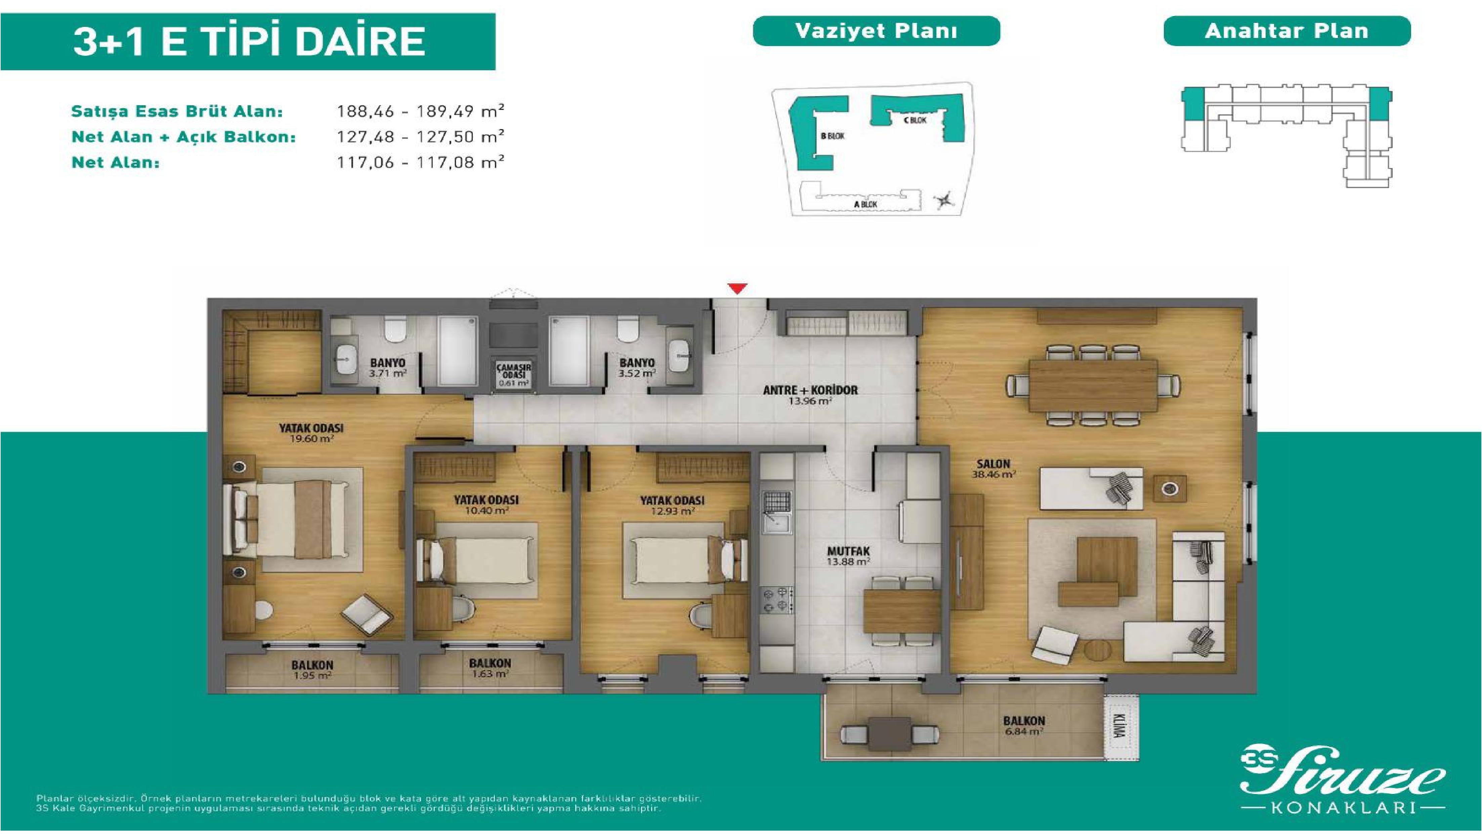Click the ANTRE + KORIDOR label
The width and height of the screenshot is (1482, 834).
[810, 390]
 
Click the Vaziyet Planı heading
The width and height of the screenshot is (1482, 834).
[876, 31]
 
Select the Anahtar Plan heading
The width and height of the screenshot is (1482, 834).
[1287, 31]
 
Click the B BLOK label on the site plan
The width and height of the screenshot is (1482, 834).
[832, 136]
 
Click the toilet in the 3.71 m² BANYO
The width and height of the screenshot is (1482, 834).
[395, 331]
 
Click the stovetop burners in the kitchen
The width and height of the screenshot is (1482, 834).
[777, 599]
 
